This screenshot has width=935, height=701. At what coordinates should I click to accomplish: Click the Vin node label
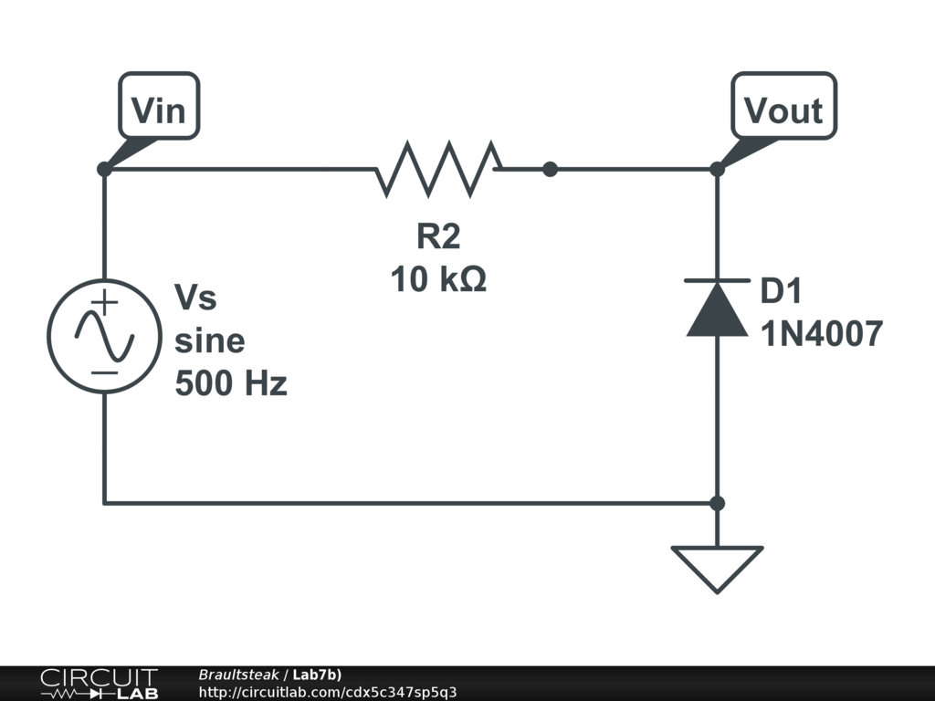158,110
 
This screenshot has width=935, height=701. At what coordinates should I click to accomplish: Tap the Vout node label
783,110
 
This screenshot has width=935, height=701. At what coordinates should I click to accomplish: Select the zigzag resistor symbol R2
438,169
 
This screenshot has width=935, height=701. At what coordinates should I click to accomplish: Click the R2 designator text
438,236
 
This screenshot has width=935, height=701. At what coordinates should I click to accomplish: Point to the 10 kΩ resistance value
438,279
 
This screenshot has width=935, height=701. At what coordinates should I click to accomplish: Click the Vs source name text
195,298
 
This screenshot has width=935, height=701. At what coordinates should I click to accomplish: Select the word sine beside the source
209,341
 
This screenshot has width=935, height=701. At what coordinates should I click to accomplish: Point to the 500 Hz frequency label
230,383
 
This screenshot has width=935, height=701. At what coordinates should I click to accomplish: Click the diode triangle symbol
717,310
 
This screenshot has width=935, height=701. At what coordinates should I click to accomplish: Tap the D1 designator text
781,292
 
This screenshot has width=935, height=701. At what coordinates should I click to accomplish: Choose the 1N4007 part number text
821,335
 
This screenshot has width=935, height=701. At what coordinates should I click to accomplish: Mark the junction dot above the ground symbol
717,503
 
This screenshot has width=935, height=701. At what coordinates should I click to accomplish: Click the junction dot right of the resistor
550,169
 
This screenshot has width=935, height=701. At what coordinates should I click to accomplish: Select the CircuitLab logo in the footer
99,683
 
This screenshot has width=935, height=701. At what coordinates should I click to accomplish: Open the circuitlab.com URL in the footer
327,692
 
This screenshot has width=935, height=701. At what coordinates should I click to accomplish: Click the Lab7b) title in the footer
317,675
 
